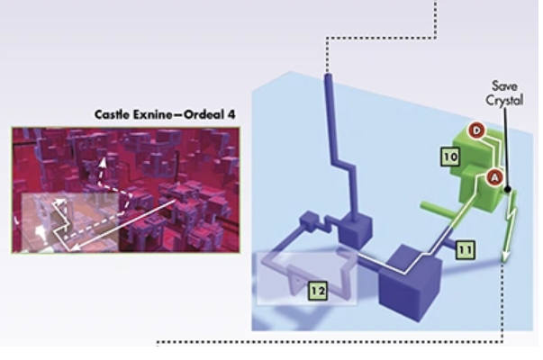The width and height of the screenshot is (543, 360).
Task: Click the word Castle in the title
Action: (x=114, y=115)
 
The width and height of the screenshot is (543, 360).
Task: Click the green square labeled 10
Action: (x=451, y=157)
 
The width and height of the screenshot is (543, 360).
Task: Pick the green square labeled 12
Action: (x=315, y=290)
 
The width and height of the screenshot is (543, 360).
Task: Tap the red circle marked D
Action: (x=478, y=131)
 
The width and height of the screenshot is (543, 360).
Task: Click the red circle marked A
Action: (x=493, y=177)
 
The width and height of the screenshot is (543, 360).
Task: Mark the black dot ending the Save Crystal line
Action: (x=509, y=189)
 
